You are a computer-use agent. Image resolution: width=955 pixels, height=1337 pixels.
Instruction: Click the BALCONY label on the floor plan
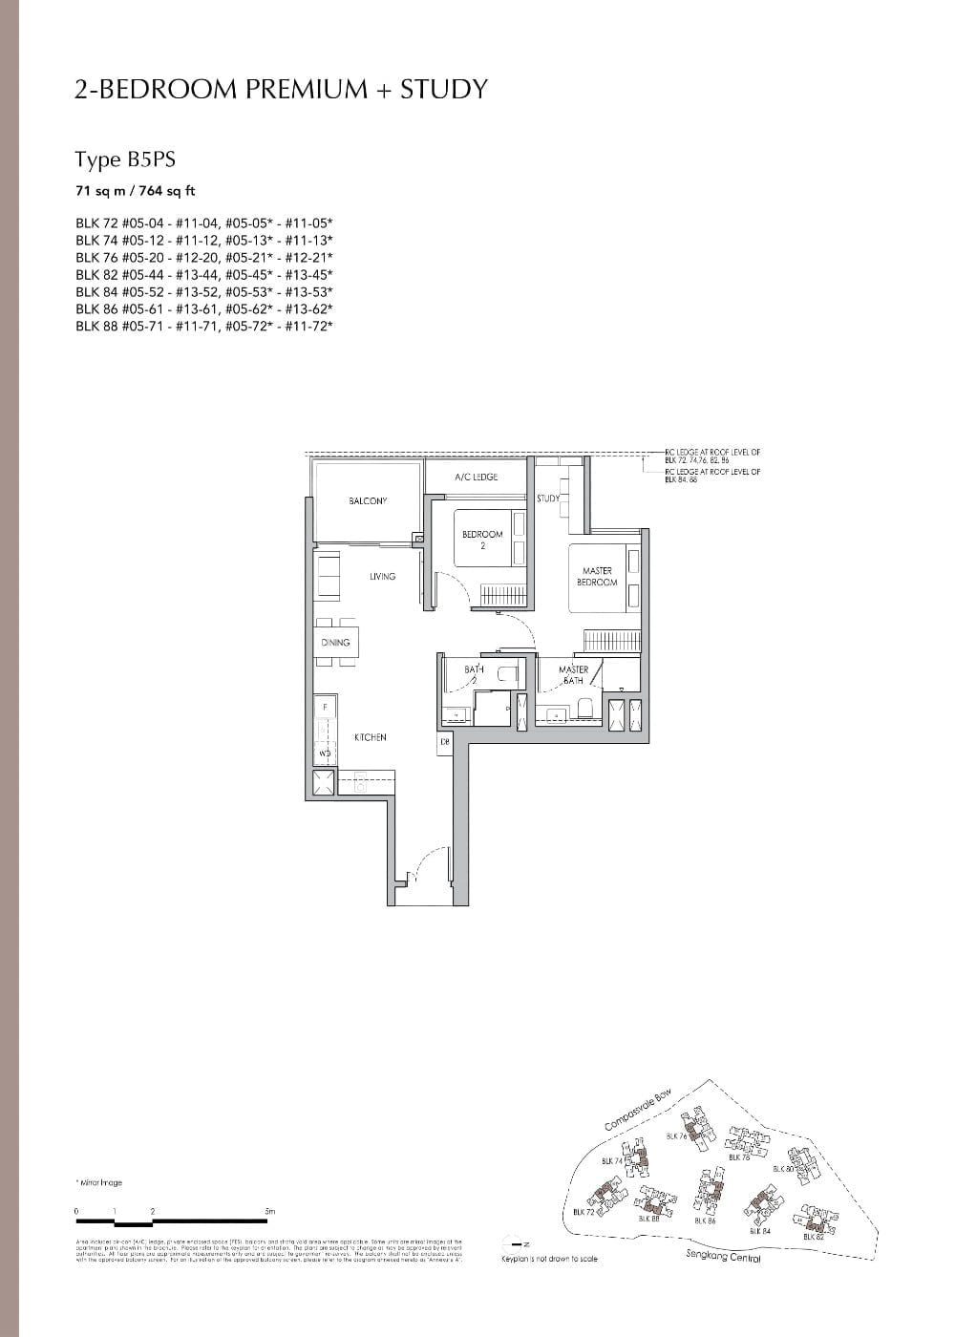tap(368, 500)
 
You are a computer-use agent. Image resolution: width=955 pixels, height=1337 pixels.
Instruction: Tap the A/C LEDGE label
tap(476, 477)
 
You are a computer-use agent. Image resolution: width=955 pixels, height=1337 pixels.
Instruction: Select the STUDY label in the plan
tap(548, 499)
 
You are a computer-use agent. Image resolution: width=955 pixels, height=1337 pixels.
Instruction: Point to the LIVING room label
tap(382, 577)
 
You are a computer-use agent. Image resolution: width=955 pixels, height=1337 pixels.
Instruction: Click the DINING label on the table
tap(335, 643)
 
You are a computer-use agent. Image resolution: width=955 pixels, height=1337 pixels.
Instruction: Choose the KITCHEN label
tap(370, 737)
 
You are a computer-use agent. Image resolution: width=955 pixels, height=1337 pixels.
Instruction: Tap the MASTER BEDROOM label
tap(597, 576)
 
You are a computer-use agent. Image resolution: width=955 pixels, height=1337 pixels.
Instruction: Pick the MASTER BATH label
tap(573, 675)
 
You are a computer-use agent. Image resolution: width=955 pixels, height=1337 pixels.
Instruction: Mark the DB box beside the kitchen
tap(445, 741)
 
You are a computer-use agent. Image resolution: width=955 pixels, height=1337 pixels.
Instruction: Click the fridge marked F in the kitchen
tap(325, 706)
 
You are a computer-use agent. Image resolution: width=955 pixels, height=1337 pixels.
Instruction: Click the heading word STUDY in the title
tap(444, 90)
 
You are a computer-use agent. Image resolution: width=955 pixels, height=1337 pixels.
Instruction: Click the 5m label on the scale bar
tap(269, 1212)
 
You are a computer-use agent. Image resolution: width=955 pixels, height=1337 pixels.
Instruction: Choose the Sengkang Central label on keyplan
tap(723, 1257)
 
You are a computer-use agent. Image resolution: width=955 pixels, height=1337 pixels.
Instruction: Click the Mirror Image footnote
tap(98, 1182)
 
